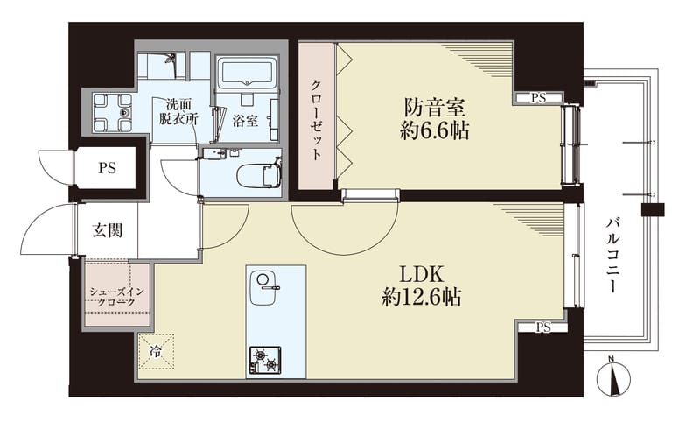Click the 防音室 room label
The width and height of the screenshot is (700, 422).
pos(435,108)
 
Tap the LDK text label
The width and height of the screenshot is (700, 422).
pos(421,275)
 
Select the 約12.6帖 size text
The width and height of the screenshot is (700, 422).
pos(422,297)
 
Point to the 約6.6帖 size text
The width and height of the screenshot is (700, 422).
pos(434,130)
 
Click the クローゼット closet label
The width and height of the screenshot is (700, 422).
pos(316,120)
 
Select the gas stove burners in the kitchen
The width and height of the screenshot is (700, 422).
pos(265,360)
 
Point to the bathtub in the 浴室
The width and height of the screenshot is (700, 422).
pos(247,71)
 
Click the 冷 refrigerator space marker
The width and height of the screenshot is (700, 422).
pos(156,352)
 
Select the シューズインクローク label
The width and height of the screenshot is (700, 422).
pos(117,297)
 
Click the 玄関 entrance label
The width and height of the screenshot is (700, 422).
pos(108,230)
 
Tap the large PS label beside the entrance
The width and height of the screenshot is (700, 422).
pos(107,168)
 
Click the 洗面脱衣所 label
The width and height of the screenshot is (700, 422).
pos(178,112)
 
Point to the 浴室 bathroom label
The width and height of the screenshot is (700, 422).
pos(245,121)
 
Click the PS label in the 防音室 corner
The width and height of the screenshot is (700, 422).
pos(538,98)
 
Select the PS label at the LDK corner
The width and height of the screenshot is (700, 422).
pos(543,327)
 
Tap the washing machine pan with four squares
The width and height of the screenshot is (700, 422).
pos(113,113)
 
